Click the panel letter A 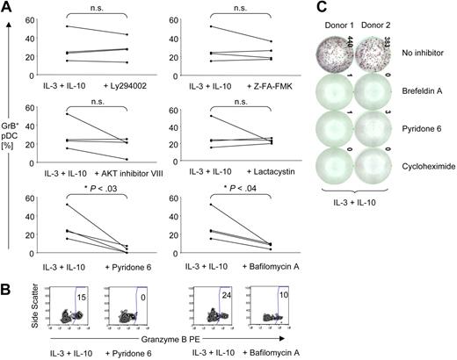point(8,7)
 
